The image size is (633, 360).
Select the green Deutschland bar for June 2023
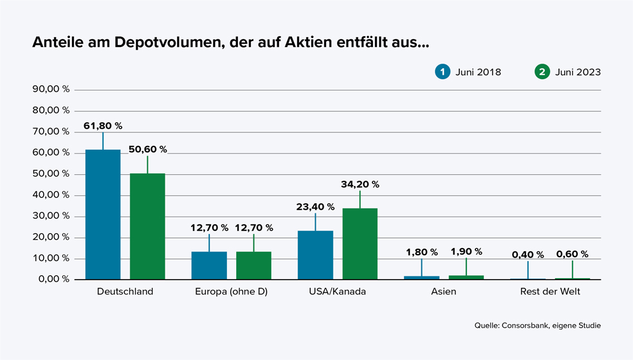point(147,226)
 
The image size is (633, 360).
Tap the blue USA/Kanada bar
point(315,255)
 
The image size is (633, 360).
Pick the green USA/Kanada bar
point(360,244)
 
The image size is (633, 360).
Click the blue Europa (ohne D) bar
point(209,265)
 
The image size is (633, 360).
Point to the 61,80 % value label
point(103,126)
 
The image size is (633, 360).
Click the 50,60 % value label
point(147,149)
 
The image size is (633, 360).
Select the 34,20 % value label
point(360,184)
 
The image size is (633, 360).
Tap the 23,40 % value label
point(315,207)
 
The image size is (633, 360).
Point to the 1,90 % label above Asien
point(466,252)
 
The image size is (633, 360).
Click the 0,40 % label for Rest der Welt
point(527,255)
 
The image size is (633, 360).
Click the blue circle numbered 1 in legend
point(442,72)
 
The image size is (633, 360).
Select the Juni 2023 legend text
point(578,72)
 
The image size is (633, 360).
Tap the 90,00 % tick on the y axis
point(51,89)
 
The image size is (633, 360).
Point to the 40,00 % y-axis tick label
point(51,195)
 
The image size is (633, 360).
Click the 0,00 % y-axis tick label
point(53,280)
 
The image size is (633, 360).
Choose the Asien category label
point(444,292)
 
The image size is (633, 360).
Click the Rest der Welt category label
point(550,292)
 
